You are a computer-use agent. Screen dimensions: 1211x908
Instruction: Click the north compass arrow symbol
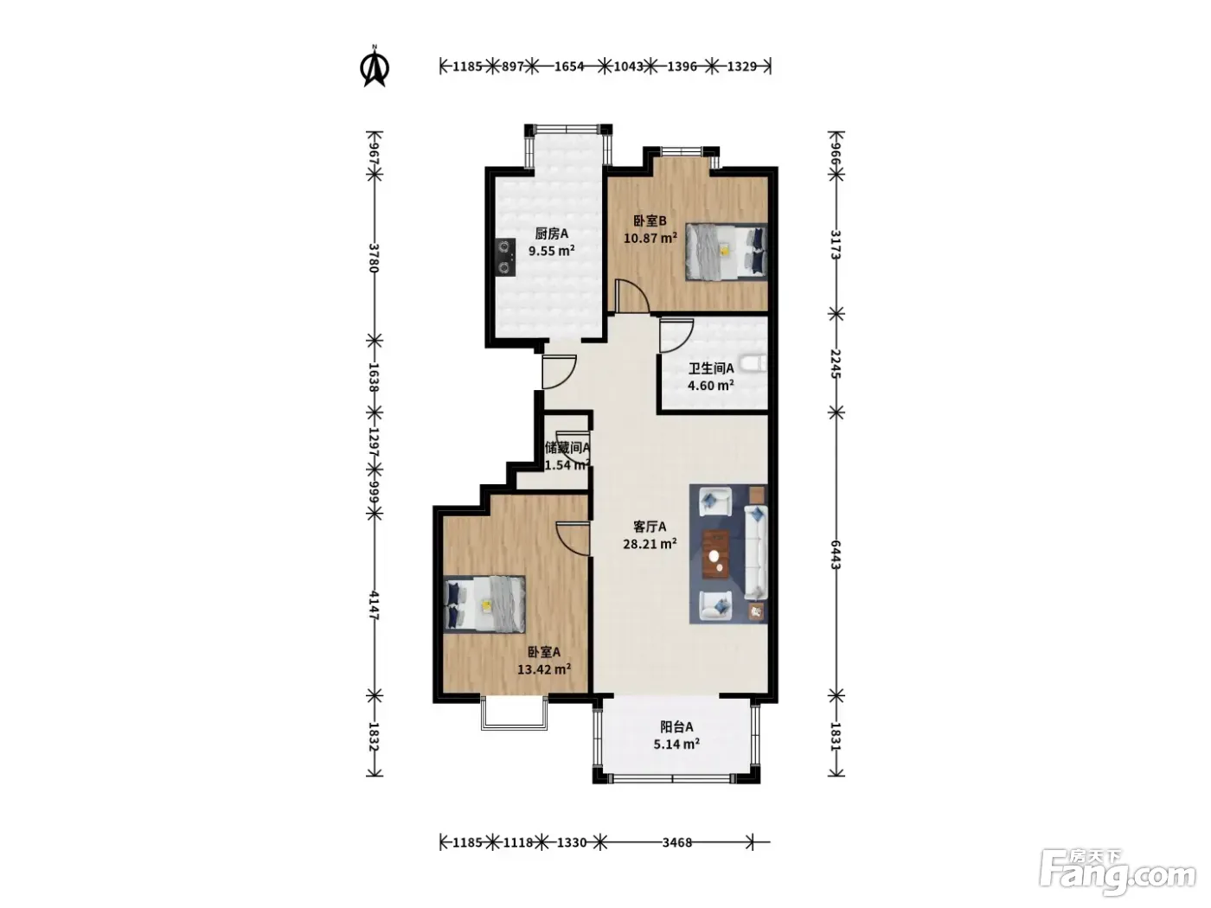[375, 67]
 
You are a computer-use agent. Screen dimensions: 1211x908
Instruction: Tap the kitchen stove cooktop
[119, 257]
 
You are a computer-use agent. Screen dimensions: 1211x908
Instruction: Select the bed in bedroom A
[484, 604]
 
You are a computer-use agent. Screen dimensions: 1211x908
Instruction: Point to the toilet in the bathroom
[753, 364]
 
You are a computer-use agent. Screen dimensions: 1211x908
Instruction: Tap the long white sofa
[756, 553]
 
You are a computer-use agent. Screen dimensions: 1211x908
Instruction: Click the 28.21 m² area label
[650, 544]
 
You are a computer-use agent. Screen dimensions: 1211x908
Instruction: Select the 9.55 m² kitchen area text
[551, 252]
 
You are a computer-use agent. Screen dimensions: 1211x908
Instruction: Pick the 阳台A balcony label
[676, 727]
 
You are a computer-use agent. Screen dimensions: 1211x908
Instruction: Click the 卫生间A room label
[711, 368]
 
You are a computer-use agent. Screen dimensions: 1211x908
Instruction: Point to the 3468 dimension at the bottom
[677, 842]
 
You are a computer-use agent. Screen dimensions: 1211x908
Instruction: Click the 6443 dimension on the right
[836, 554]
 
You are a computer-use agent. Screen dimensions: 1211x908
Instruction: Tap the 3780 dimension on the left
[374, 258]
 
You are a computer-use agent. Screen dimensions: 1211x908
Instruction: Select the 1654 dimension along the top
[569, 67]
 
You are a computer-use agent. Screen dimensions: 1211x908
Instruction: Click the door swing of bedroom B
[631, 297]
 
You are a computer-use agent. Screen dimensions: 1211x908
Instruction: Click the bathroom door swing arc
[676, 336]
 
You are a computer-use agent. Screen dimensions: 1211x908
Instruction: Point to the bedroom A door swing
[573, 539]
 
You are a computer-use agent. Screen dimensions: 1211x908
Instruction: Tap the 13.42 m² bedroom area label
[544, 669]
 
